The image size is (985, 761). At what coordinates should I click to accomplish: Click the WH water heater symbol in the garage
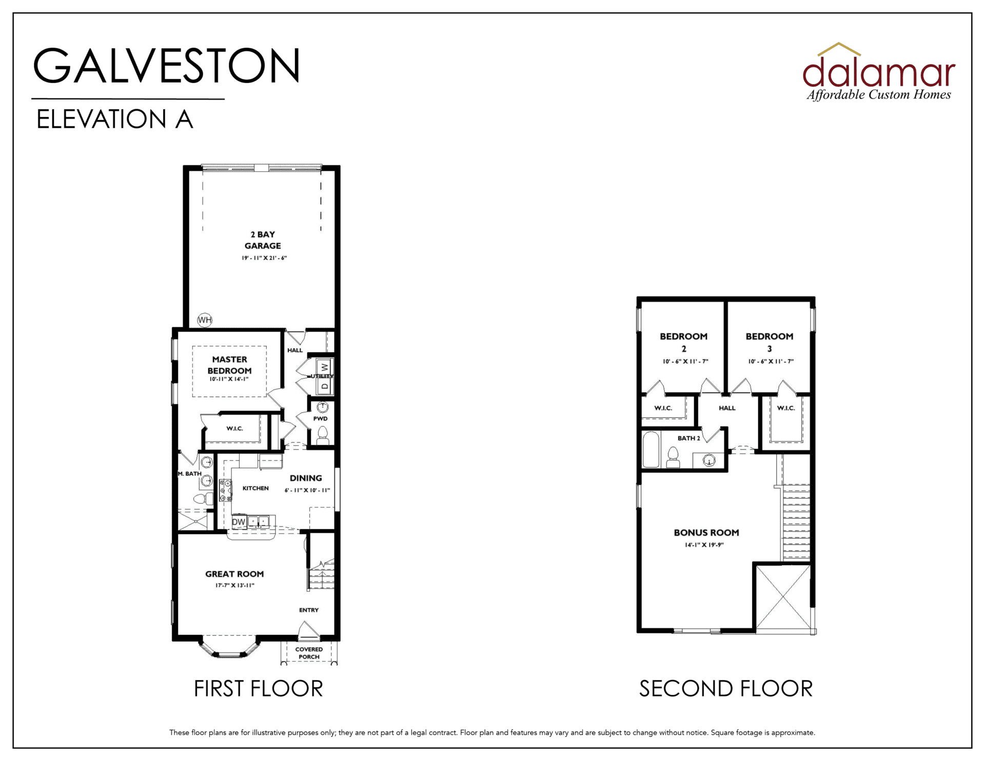click(205, 320)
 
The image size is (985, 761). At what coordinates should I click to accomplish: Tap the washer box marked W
click(324, 367)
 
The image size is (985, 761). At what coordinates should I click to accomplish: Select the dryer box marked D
click(324, 386)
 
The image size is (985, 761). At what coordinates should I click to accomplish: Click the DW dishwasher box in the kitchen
click(239, 522)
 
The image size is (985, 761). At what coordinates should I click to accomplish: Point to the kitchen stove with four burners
click(225, 490)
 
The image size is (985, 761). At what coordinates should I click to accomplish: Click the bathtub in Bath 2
click(651, 449)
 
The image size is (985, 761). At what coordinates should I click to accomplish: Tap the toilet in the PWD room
click(323, 436)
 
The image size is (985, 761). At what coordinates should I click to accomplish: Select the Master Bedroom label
click(229, 365)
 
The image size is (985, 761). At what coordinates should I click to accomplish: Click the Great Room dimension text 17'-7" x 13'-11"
click(235, 586)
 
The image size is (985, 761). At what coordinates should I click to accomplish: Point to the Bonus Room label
click(706, 533)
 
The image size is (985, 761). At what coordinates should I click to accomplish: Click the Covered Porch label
click(309, 653)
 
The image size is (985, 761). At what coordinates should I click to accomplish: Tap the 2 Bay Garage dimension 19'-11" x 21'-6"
click(264, 258)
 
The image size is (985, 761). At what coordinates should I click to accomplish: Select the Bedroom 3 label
click(769, 342)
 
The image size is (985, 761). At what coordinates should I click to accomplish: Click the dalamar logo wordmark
click(879, 72)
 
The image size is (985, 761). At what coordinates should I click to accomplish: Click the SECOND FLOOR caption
click(726, 689)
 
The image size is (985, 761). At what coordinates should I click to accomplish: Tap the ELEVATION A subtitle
click(114, 119)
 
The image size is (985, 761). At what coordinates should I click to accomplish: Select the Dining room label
click(306, 478)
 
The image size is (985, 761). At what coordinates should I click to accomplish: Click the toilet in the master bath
click(204, 498)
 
